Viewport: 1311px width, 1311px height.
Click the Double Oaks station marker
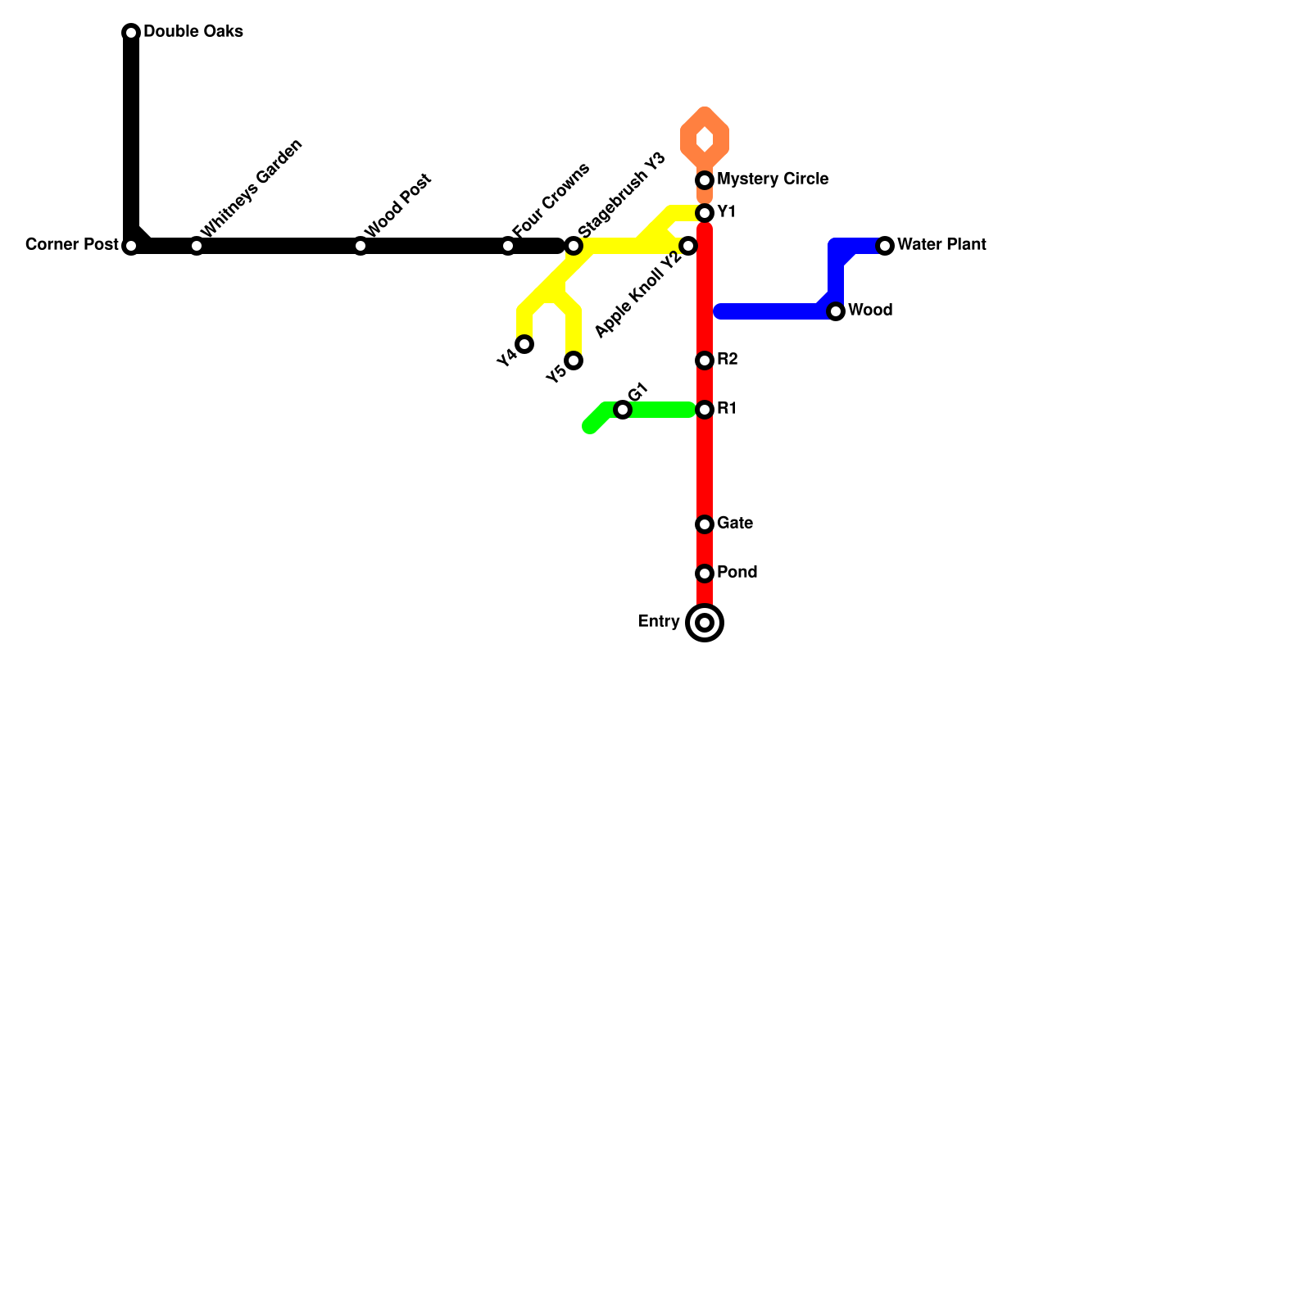pyautogui.click(x=131, y=33)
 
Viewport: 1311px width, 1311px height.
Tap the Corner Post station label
pyautogui.click(x=72, y=245)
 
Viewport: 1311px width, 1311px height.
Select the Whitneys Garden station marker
pyautogui.click(x=197, y=246)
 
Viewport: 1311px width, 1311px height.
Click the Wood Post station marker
pyautogui.click(x=361, y=246)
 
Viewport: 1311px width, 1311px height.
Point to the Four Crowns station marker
pyautogui.click(x=508, y=246)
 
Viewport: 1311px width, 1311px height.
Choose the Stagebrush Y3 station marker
pyautogui.click(x=574, y=246)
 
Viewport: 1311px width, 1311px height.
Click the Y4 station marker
pyautogui.click(x=524, y=344)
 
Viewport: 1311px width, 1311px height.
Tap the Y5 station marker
pyautogui.click(x=574, y=361)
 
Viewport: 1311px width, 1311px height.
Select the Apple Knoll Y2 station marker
pyautogui.click(x=688, y=246)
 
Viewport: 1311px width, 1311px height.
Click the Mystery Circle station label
pyautogui.click(x=772, y=179)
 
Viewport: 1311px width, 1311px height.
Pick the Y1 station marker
pyautogui.click(x=705, y=213)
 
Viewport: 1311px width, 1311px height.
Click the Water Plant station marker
pyautogui.click(x=885, y=246)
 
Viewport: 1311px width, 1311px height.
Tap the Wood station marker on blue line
pyautogui.click(x=836, y=311)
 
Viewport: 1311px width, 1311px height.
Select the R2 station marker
pyautogui.click(x=705, y=361)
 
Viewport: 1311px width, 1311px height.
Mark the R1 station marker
pyautogui.click(x=705, y=410)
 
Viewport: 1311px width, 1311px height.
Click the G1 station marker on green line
pyautogui.click(x=623, y=410)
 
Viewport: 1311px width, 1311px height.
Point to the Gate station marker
pyautogui.click(x=705, y=524)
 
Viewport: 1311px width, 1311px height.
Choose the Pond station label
pyautogui.click(x=737, y=573)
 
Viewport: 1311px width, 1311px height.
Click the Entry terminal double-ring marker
pyautogui.click(x=705, y=623)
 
